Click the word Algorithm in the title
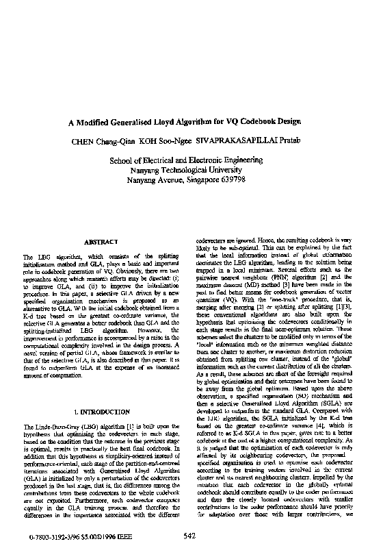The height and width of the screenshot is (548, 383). pos(222,123)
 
